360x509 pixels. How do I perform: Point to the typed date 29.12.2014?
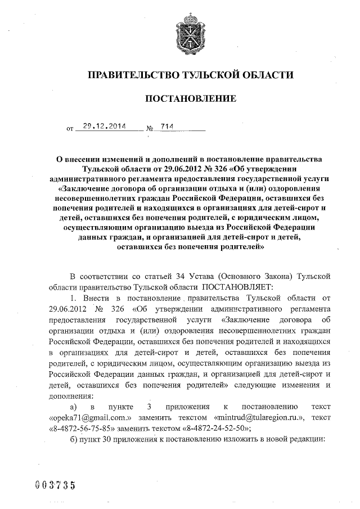[101, 127]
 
